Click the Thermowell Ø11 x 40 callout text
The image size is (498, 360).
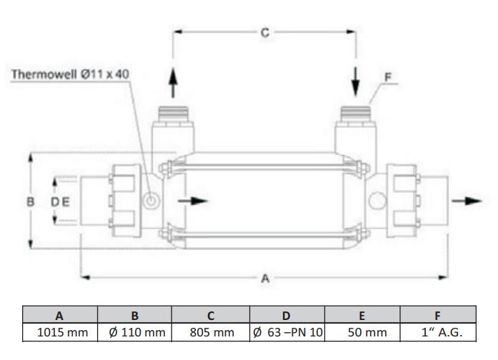pyautogui.click(x=70, y=74)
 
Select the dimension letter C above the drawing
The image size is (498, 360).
pyautogui.click(x=265, y=33)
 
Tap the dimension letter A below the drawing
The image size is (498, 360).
pyautogui.click(x=265, y=279)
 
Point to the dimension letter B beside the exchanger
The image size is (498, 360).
pyautogui.click(x=31, y=201)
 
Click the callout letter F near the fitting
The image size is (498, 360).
pyautogui.click(x=388, y=77)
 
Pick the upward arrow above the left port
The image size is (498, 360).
pyautogui.click(x=173, y=83)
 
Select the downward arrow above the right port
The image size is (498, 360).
pyautogui.click(x=355, y=82)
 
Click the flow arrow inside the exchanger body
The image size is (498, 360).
pyautogui.click(x=192, y=201)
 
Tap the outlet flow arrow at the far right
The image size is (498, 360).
pyautogui.click(x=467, y=201)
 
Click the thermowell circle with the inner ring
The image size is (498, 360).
pyautogui.click(x=151, y=201)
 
